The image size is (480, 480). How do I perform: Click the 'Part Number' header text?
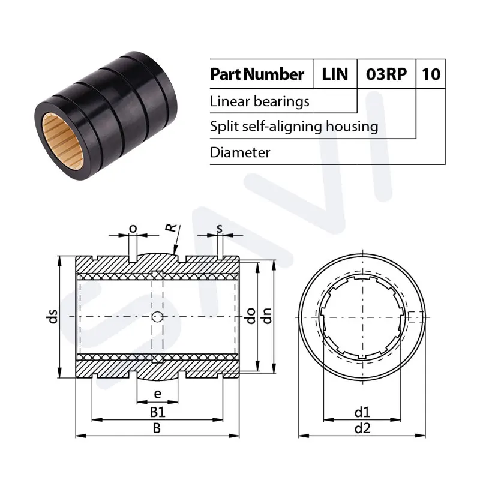click(x=257, y=74)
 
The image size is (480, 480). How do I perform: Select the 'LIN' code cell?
click(x=335, y=74)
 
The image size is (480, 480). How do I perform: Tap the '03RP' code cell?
click(x=386, y=74)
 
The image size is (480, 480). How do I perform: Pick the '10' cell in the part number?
click(x=431, y=74)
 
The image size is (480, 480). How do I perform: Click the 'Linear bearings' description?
click(x=260, y=101)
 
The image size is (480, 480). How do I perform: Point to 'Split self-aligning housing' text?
click(x=294, y=127)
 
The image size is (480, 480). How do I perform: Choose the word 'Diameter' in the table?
click(x=240, y=152)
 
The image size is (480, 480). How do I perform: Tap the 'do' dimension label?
click(x=253, y=316)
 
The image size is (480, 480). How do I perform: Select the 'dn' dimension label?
click(x=268, y=316)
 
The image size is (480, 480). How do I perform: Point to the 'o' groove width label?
click(x=133, y=228)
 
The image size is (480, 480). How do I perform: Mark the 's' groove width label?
click(x=220, y=228)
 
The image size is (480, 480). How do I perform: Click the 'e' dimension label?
click(x=157, y=394)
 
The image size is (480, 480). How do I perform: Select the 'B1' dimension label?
click(x=157, y=412)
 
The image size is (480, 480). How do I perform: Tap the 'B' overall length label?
click(x=157, y=428)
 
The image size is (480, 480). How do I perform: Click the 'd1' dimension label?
click(x=362, y=412)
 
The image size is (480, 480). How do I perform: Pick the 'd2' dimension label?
click(x=362, y=428)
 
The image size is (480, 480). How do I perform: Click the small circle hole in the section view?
click(x=157, y=317)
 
